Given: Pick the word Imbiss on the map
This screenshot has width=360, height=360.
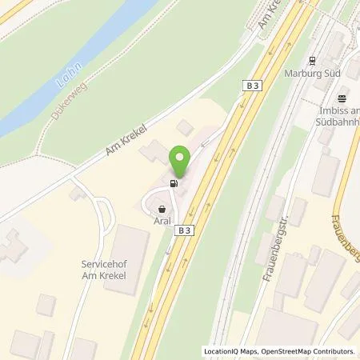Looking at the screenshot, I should (x=334, y=112).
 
